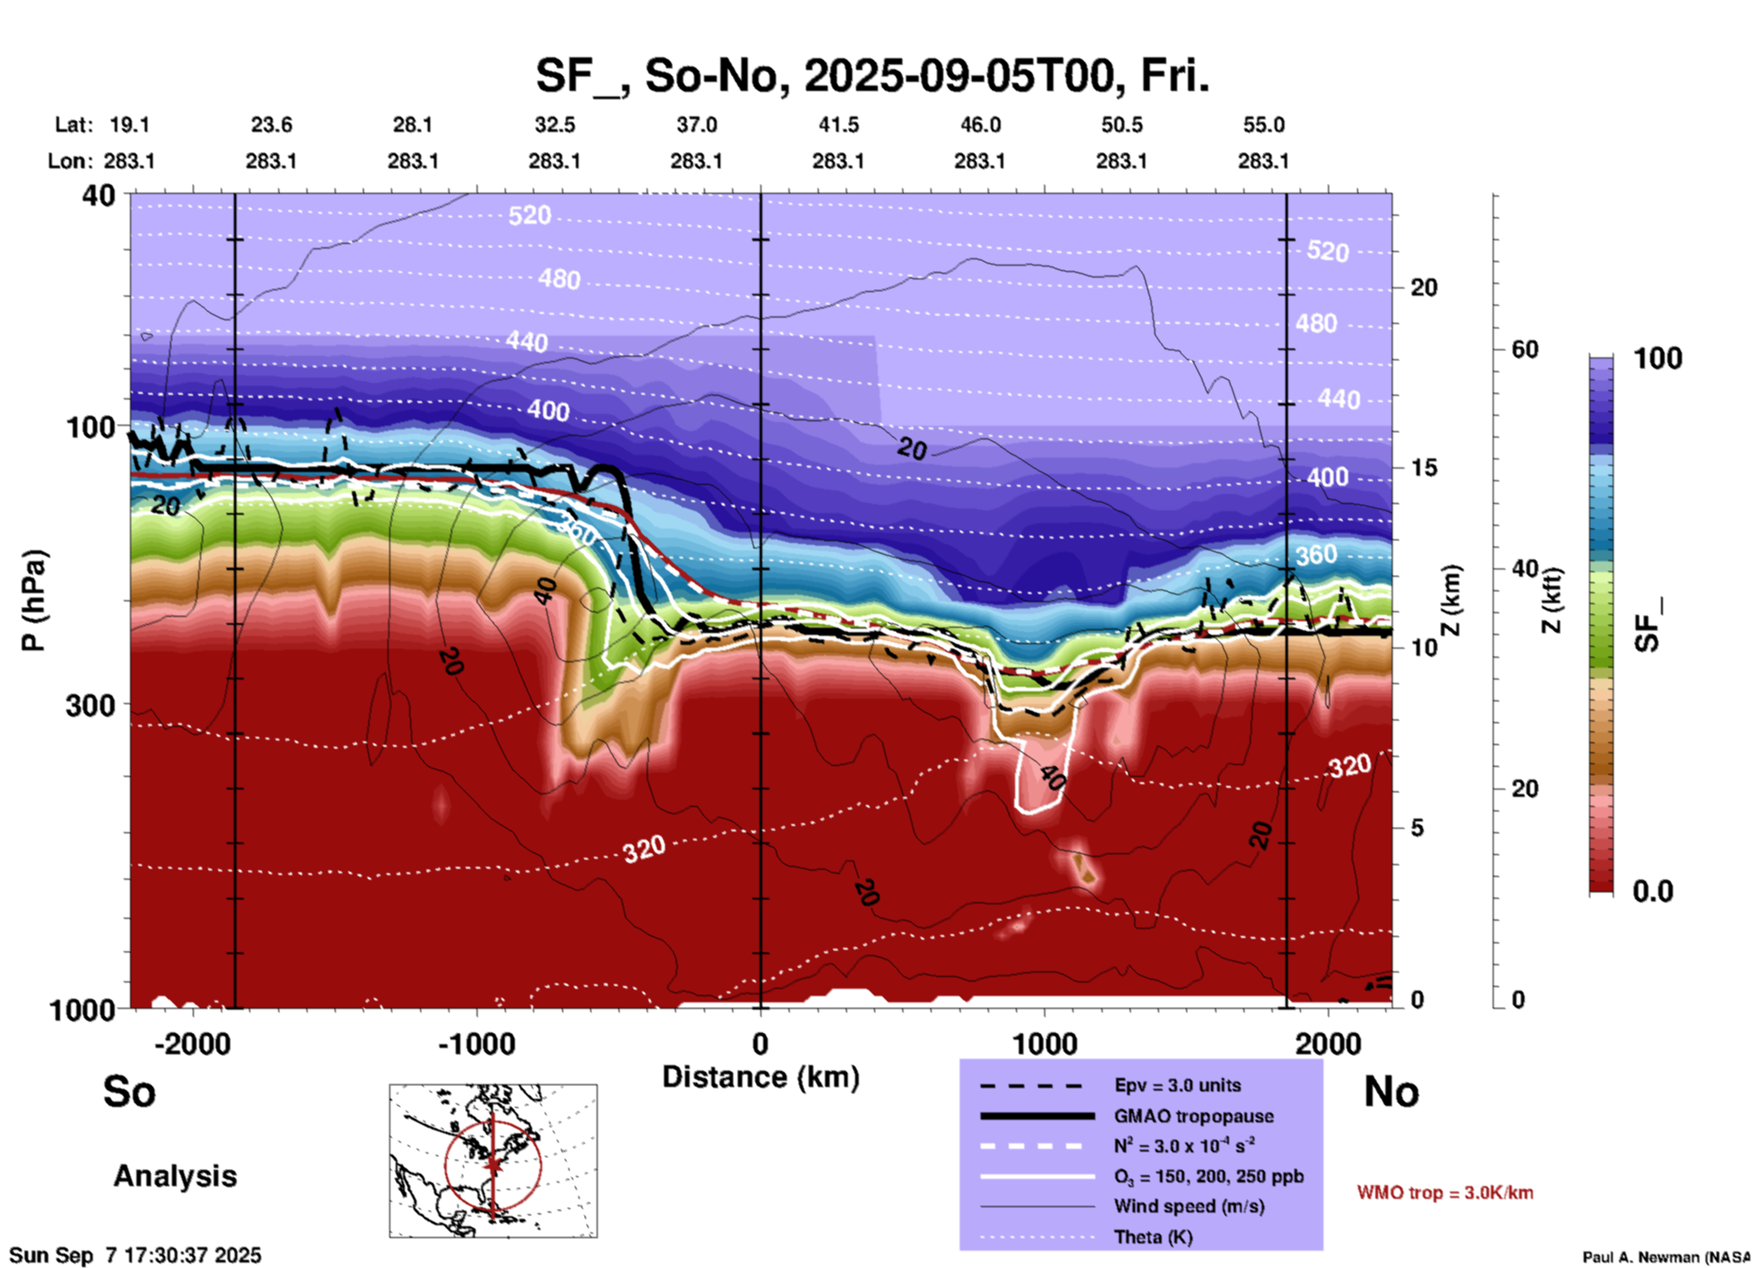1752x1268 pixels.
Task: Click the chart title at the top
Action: pos(871,76)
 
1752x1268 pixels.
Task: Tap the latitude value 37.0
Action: pos(696,125)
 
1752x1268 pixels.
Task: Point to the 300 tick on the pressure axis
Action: pos(90,705)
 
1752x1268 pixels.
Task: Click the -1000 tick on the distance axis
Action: pos(476,1043)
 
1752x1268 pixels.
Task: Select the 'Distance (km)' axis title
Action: pos(760,1077)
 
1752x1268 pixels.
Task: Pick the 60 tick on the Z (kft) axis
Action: pos(1525,349)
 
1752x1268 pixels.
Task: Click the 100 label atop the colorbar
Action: pos(1657,358)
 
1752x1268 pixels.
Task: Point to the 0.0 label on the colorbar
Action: pos(1653,891)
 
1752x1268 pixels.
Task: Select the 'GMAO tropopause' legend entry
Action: pos(1193,1116)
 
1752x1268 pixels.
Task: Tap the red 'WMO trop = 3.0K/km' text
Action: pos(1445,1193)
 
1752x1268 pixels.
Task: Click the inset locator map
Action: pos(493,1160)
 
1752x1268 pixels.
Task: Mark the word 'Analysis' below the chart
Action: pos(175,1176)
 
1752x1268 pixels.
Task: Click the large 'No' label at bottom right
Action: pos(1391,1092)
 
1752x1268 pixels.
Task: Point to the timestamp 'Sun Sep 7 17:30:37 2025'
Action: pos(136,1255)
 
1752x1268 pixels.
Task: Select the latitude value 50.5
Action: pos(1121,125)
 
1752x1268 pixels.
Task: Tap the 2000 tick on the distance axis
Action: pos(1328,1043)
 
